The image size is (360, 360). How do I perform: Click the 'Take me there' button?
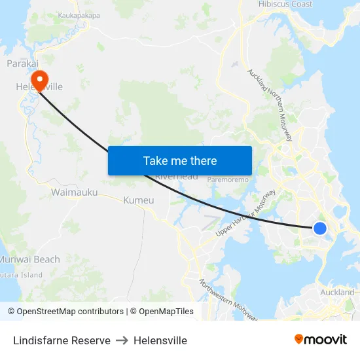[x=180, y=160]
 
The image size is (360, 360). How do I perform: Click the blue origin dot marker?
[x=320, y=228]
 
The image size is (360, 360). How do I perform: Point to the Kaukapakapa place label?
[x=79, y=14]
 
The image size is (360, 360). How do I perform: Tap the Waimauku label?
[x=74, y=192]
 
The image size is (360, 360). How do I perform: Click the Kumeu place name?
[x=139, y=200]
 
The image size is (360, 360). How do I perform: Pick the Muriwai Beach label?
[x=29, y=259]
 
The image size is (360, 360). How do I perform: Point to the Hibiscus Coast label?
[x=285, y=5]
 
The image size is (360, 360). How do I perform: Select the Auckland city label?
[x=338, y=292]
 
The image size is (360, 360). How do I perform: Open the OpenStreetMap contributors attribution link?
[x=70, y=312]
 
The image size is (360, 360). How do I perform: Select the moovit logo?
[x=321, y=340]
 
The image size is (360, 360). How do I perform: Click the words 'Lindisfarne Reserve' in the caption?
[x=62, y=340]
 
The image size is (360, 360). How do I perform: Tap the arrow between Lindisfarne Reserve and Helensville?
[x=122, y=340]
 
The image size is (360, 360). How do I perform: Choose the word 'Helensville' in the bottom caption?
[x=160, y=340]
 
